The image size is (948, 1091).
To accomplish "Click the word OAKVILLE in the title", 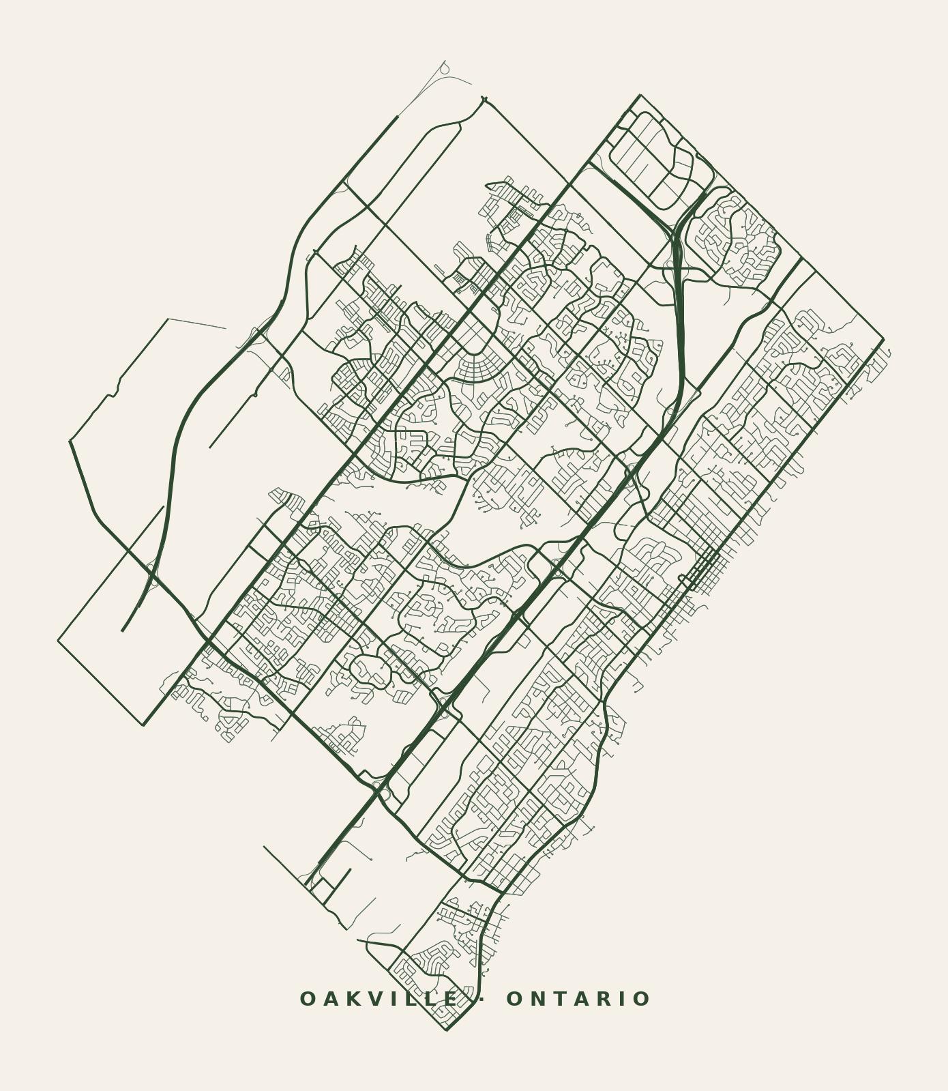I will (379, 999).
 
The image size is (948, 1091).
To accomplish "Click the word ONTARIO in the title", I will (578, 999).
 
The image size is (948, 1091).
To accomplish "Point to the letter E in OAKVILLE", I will (451, 999).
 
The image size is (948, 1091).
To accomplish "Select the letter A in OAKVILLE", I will (330, 999).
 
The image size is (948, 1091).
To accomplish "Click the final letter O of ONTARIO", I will (642, 999).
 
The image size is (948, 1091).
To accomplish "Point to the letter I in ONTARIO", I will (623, 999).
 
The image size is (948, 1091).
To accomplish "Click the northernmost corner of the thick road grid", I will (640, 96).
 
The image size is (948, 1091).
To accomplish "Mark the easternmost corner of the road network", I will (884, 338).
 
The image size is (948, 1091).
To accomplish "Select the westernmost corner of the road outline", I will (59, 641).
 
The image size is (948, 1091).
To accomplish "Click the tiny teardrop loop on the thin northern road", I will (444, 69).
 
